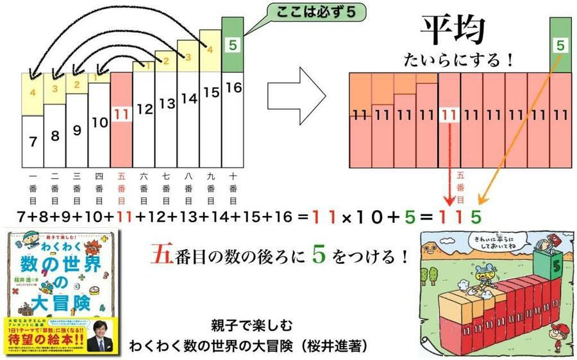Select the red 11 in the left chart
click(121, 115)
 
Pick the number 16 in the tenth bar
click(233, 87)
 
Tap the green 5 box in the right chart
click(560, 45)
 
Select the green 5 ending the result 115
click(474, 217)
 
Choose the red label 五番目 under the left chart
click(121, 188)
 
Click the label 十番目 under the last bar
click(233, 188)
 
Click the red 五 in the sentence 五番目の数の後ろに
click(159, 257)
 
